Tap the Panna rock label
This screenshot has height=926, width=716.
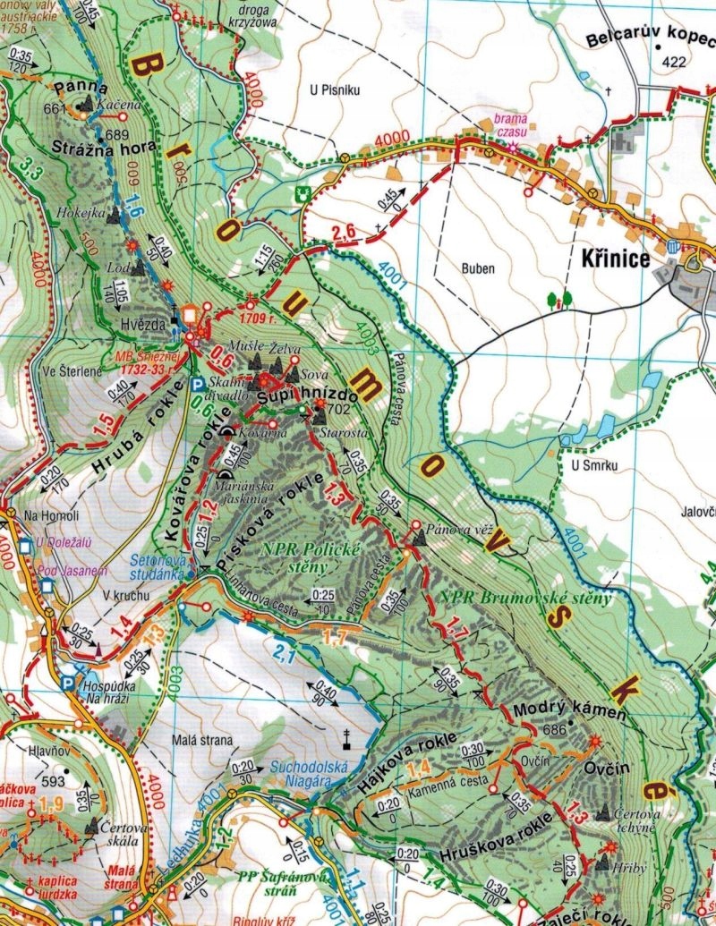[80, 89]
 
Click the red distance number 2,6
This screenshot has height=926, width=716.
[344, 235]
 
